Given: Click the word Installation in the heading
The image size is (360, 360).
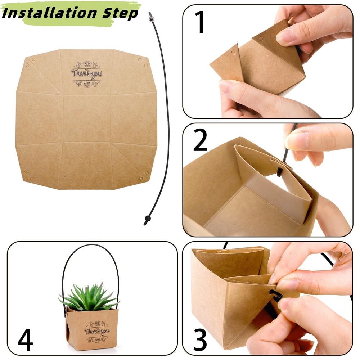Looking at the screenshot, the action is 49,13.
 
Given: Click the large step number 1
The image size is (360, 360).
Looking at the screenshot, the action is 200,22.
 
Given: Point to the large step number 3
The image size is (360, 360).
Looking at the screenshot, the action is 200,339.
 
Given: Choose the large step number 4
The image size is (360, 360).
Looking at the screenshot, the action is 25,339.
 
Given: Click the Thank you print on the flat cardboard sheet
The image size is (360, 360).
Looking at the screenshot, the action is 86,74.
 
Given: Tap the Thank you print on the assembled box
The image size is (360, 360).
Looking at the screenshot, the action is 97,331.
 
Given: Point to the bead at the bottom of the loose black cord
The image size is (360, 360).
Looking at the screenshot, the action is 148,218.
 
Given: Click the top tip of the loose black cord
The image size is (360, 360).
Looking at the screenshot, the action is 150,13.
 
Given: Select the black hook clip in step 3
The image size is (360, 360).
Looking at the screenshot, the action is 275,296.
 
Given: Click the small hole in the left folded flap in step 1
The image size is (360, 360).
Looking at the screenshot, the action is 234,52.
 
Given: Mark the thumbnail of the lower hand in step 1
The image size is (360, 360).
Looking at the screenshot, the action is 229,85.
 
